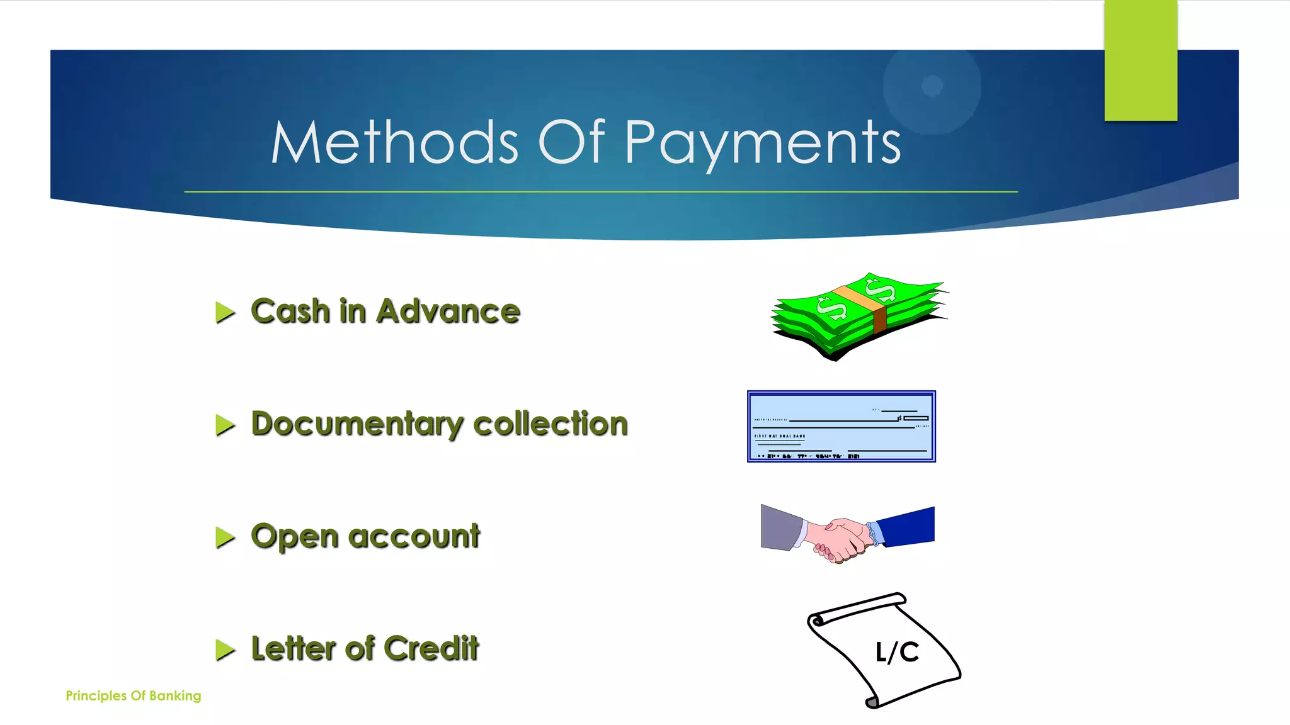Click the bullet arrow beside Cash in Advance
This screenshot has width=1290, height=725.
(224, 312)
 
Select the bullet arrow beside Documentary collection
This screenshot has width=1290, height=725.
(224, 425)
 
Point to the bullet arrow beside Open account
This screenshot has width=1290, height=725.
(224, 537)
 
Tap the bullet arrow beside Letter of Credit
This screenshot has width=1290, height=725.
(224, 649)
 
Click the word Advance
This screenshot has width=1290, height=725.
(448, 311)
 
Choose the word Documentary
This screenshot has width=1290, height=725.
(356, 424)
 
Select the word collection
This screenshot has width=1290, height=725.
(551, 424)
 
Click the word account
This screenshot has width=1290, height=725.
(414, 536)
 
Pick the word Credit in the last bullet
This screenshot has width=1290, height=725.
(431, 648)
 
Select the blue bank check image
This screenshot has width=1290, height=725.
(842, 426)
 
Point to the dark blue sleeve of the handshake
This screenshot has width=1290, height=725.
(907, 525)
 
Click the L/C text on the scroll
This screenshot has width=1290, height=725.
(897, 652)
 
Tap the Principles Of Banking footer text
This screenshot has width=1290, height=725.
(134, 695)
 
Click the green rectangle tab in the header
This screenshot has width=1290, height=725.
(1141, 60)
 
